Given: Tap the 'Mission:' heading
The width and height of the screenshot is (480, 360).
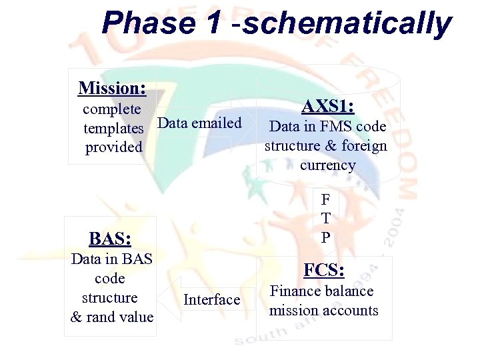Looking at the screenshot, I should (112, 88).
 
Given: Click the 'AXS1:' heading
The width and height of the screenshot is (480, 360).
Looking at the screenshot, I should (327, 107).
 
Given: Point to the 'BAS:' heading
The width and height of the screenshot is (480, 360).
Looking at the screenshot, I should (109, 238).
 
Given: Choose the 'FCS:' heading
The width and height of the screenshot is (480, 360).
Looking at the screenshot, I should (324, 271).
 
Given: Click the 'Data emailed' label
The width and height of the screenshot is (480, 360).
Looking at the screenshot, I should (200, 123).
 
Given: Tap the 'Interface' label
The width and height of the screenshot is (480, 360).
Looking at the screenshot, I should (211, 300).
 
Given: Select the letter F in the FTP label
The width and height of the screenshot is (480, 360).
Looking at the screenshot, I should (325, 199).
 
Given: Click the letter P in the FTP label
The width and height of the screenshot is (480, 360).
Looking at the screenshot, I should (325, 237).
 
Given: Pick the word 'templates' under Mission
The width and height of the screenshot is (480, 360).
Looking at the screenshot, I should (113, 128).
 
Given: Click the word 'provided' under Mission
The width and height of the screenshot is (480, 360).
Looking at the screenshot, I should (114, 147).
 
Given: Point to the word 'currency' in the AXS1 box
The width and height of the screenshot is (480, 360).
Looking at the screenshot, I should (327, 165).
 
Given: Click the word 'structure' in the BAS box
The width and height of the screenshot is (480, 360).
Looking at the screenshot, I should (109, 298).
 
